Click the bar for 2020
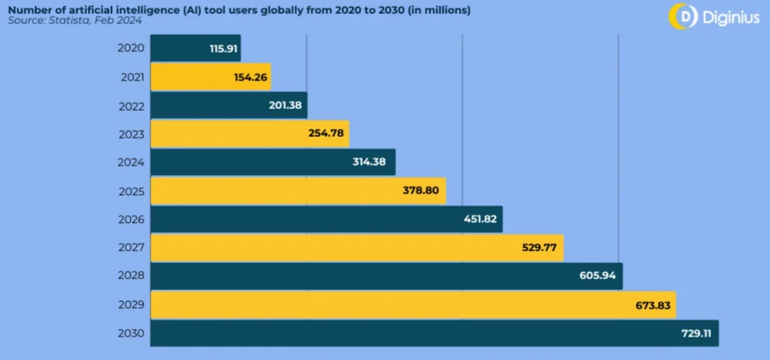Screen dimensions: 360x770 [x=196, y=48]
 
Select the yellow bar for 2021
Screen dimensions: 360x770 [x=211, y=77]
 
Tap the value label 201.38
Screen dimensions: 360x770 [x=285, y=105]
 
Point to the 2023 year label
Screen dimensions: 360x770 [x=132, y=134]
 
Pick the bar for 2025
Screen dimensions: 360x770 [x=299, y=191]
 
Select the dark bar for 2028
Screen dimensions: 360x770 [x=387, y=276]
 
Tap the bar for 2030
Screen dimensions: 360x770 [x=435, y=333]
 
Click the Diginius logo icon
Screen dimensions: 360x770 [x=683, y=15]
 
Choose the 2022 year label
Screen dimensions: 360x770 [x=132, y=105]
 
